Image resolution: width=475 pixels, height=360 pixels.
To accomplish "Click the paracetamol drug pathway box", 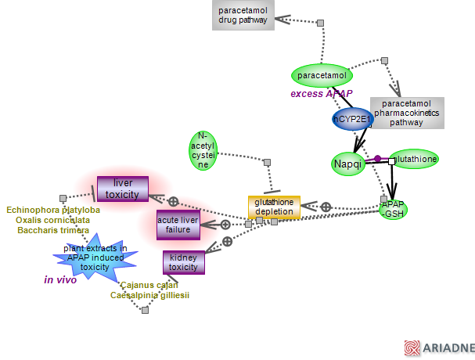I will tap(243, 16).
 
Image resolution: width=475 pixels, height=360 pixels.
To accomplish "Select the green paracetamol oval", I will tap(322, 75).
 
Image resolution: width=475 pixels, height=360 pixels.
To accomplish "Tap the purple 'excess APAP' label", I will tap(321, 94).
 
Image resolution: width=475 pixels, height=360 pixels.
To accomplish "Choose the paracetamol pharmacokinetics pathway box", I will tap(407, 113).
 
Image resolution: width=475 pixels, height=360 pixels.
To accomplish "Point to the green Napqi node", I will tap(347, 164).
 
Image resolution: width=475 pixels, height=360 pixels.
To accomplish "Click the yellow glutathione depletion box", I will tap(274, 207).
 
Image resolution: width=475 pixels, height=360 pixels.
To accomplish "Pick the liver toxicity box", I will tap(122, 189).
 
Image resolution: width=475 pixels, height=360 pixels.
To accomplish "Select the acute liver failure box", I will tap(178, 225).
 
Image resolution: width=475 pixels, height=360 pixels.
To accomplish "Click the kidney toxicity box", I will tap(184, 262).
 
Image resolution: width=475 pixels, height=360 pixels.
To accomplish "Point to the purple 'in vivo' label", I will tap(60, 279).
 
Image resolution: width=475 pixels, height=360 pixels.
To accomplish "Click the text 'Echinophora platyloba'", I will tap(53, 210).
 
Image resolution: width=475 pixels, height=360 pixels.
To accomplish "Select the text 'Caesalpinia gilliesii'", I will tap(149, 295).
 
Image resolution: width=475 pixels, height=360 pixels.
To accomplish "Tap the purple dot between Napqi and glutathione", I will tap(377, 159).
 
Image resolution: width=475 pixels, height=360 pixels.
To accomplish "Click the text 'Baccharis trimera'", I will tap(53, 230).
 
